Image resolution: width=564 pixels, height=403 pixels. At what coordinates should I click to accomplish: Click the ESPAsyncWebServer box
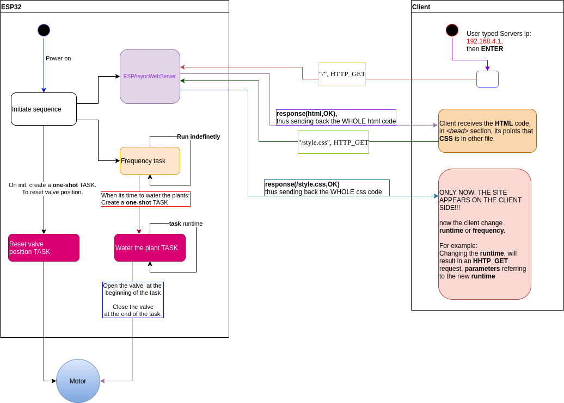click(x=150, y=76)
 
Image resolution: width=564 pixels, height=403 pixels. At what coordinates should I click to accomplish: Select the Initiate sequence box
click(x=44, y=109)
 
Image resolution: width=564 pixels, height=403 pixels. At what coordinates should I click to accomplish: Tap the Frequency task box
click(x=150, y=160)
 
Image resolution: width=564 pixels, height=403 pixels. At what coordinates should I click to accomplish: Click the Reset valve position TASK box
click(x=44, y=247)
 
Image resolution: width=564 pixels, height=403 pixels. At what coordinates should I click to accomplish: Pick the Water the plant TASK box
click(x=150, y=247)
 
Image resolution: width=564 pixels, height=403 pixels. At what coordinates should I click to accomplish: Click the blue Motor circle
click(x=78, y=381)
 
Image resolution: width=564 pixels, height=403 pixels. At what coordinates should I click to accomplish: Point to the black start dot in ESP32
click(x=44, y=30)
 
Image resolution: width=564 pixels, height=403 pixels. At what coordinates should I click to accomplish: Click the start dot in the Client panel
click(x=452, y=30)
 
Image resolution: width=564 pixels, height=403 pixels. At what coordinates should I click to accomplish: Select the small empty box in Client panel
click(x=487, y=79)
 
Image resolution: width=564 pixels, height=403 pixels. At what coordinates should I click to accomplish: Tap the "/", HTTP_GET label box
click(x=342, y=73)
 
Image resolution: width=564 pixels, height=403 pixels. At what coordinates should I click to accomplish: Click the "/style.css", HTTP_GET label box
click(x=333, y=142)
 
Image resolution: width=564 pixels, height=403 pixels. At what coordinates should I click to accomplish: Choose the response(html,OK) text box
click(x=336, y=117)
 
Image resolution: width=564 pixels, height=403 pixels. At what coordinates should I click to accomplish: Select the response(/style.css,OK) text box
click(x=327, y=188)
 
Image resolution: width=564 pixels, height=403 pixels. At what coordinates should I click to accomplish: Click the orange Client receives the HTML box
click(x=487, y=131)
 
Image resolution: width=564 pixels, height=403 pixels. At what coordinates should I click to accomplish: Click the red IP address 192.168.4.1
click(x=484, y=41)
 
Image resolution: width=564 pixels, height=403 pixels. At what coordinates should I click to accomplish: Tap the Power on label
click(x=58, y=58)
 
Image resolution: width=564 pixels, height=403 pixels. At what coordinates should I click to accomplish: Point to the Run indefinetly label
click(x=198, y=137)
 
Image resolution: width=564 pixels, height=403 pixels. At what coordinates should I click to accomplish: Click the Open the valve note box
click(x=133, y=300)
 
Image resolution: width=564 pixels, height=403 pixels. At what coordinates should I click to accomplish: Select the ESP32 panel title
click(x=11, y=7)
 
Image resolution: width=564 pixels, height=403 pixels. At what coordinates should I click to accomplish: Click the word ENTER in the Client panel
click(x=492, y=49)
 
